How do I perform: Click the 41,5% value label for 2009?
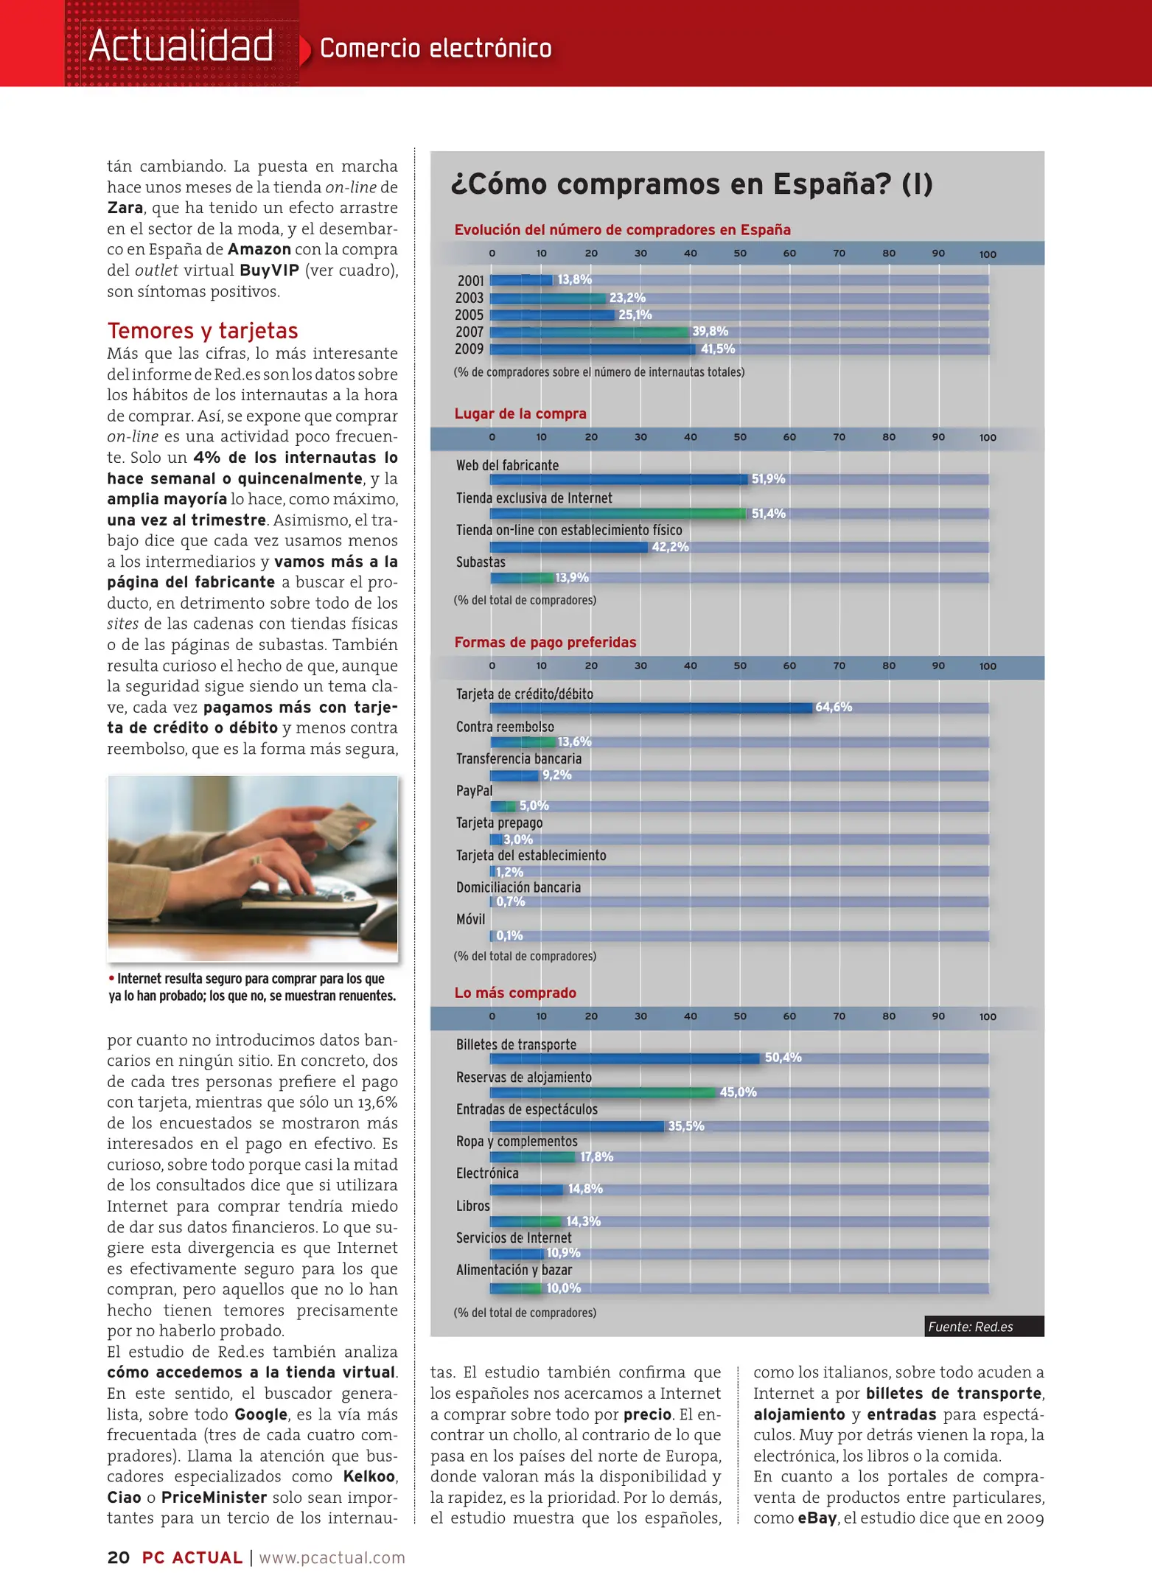(717, 349)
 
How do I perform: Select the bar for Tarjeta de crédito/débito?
(651, 708)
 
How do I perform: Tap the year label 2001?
(470, 281)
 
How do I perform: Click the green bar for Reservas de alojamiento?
(602, 1092)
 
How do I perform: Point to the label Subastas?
(481, 562)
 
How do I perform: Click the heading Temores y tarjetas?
(203, 330)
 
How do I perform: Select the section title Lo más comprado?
(515, 993)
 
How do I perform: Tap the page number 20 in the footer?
(119, 1557)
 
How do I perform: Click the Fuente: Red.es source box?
(984, 1327)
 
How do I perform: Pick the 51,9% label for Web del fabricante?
(768, 479)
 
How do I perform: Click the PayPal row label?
(474, 791)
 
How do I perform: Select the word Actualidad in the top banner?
(181, 46)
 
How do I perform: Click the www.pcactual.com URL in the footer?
(332, 1557)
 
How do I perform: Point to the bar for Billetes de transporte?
(624, 1058)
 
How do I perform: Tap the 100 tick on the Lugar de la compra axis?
(988, 438)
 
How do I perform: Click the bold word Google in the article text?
(261, 1414)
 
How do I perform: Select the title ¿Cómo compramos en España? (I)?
(691, 184)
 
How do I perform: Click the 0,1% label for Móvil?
(509, 936)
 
